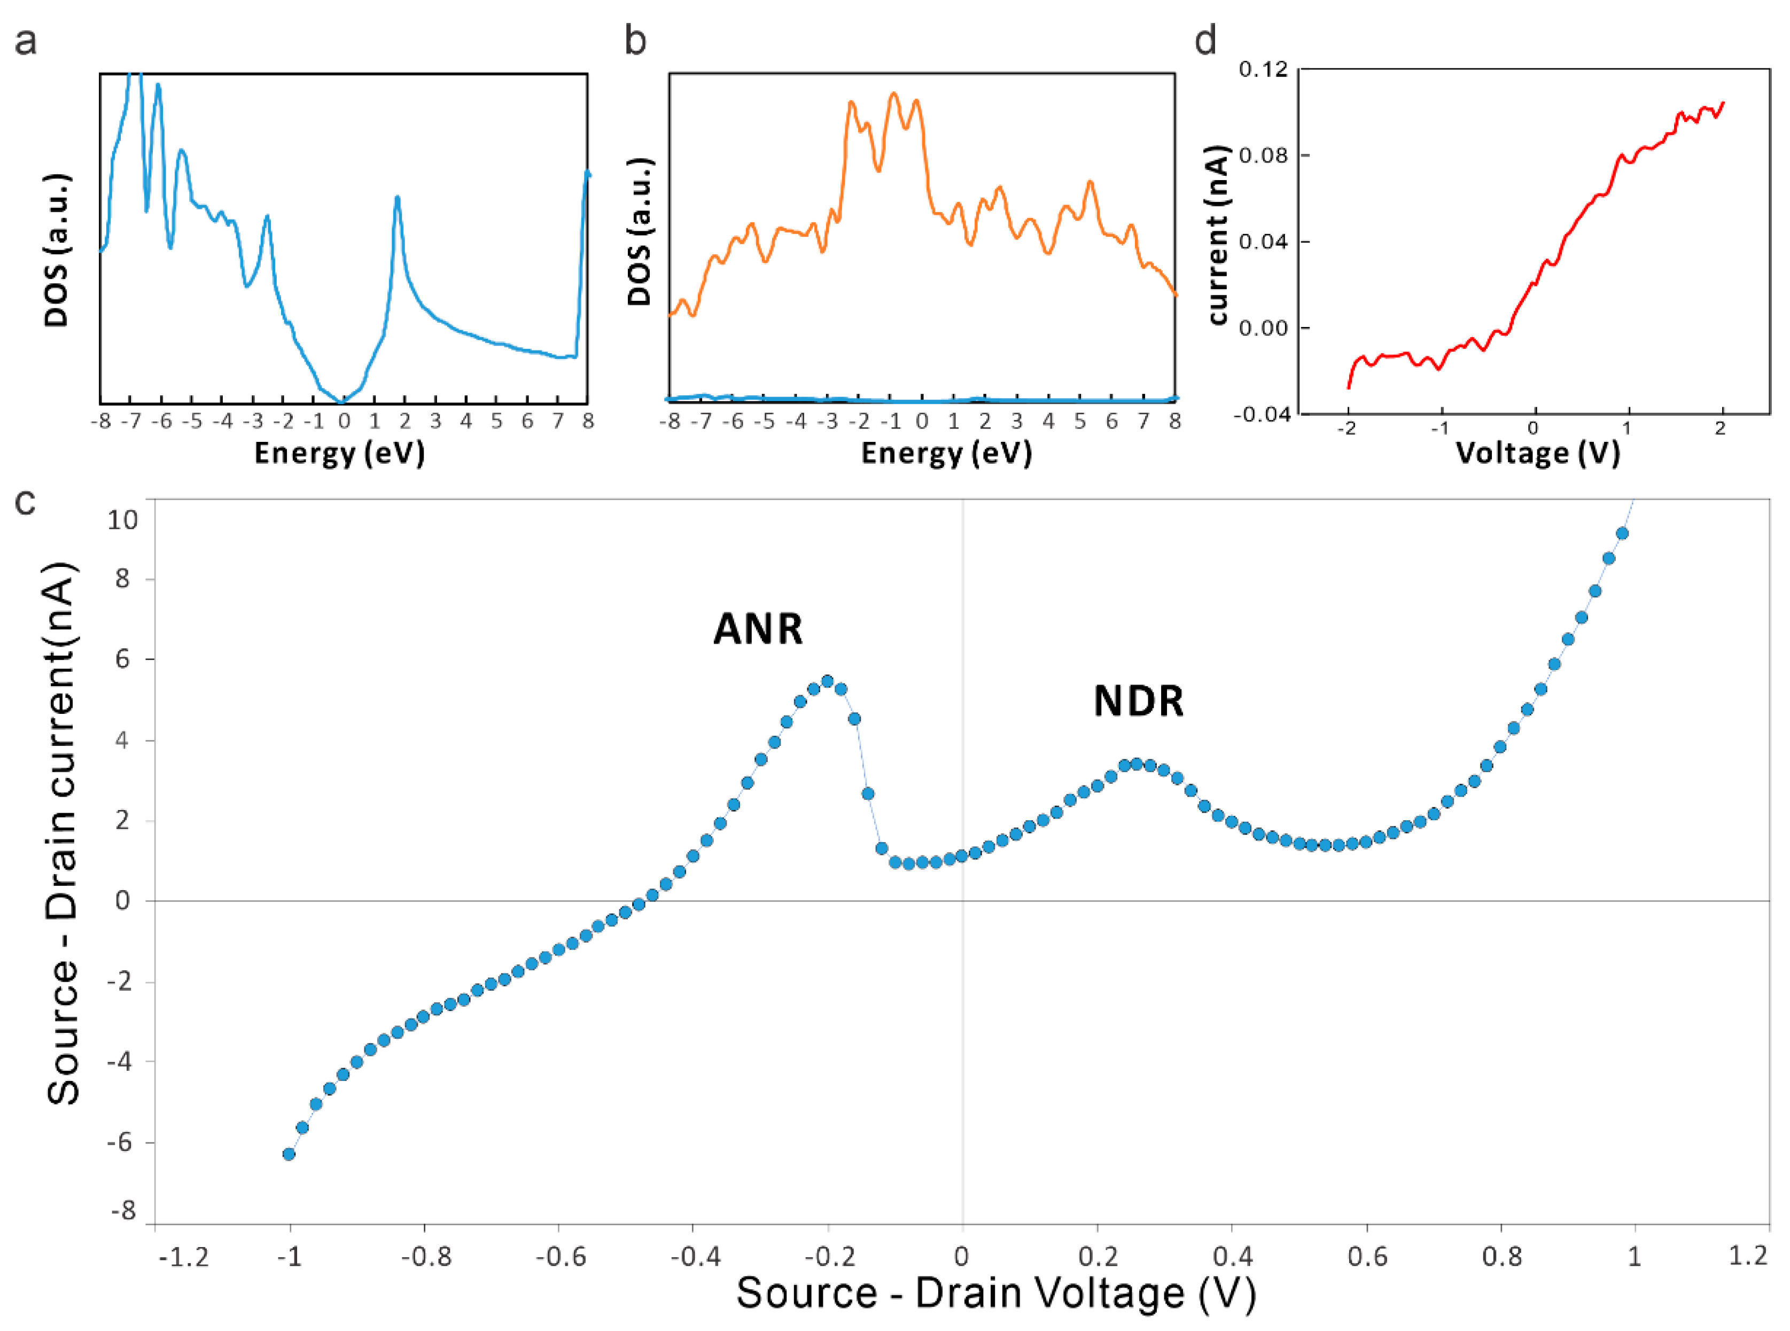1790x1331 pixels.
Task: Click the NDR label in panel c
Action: (x=1138, y=701)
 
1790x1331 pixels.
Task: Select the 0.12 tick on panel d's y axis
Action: (x=1263, y=70)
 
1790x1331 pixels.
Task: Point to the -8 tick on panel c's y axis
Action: (x=122, y=1210)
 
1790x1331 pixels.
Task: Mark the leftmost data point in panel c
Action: (x=289, y=1154)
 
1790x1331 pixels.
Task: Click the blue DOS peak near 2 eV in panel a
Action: (x=397, y=198)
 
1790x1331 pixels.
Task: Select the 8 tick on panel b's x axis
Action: (x=1174, y=422)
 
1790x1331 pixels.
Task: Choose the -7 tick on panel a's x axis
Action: (x=131, y=422)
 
